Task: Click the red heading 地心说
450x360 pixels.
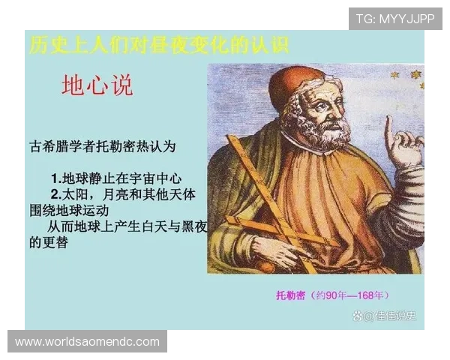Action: (97, 85)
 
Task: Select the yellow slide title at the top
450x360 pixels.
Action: (157, 45)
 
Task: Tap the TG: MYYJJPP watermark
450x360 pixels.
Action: (394, 19)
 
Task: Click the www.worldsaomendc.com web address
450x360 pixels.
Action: (87, 342)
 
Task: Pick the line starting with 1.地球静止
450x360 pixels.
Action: (116, 178)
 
